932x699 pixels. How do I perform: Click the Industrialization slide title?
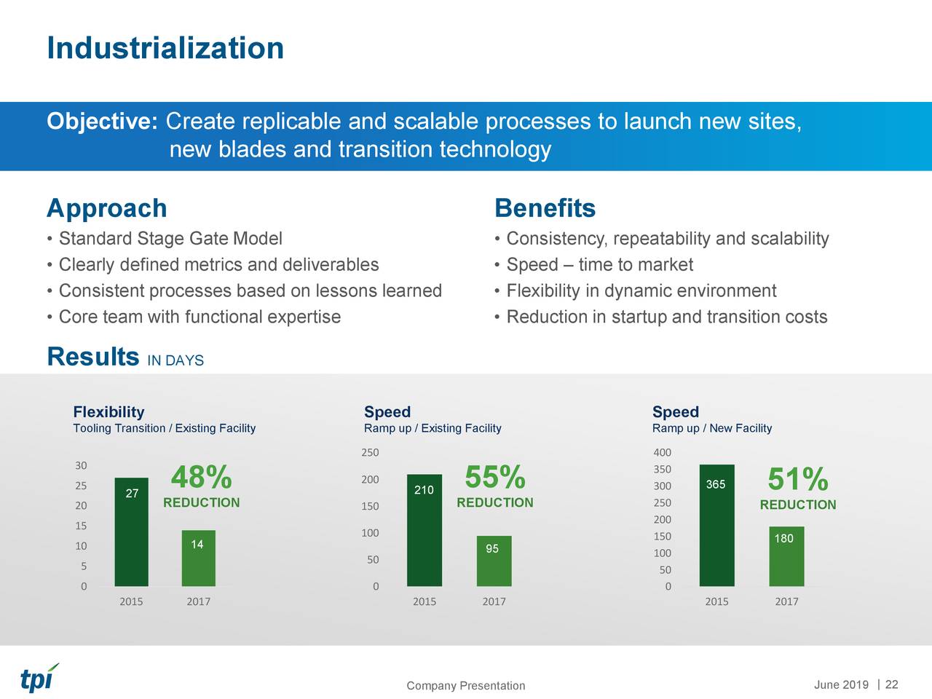[165, 49]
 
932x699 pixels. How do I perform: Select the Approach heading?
[107, 209]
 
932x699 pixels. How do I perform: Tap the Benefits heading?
[545, 209]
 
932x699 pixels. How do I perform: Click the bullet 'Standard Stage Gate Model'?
[170, 240]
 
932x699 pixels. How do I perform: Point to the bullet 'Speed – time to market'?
[599, 265]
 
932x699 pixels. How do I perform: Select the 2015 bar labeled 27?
[131, 532]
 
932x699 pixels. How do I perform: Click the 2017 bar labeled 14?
[198, 558]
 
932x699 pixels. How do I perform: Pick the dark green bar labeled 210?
[424, 530]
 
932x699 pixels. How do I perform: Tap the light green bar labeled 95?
[494, 561]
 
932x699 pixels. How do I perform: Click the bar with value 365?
[716, 525]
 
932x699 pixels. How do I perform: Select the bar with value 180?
[786, 556]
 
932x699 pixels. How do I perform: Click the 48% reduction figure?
[202, 478]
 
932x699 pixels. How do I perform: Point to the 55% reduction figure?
[495, 478]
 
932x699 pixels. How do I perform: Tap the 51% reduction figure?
[797, 480]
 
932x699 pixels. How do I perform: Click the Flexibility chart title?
[108, 412]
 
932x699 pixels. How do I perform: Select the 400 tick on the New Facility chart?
[662, 453]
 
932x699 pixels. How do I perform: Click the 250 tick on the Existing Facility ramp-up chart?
[370, 453]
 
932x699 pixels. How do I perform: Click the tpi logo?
[39, 678]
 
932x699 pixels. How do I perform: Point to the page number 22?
[891, 684]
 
